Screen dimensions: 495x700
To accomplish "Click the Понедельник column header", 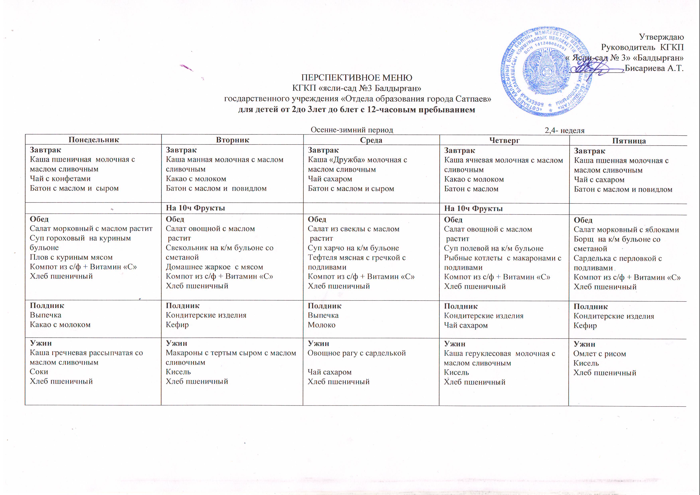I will [94, 140].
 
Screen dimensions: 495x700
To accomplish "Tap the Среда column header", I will [371, 140].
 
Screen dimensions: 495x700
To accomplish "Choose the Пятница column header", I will [629, 141].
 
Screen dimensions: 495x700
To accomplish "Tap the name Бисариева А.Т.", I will [654, 68].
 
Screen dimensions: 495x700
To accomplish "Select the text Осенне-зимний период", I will [352, 130].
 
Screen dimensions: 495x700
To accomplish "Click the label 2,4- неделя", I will [565, 131].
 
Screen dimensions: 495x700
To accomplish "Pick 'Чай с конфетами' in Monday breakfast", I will [60, 178].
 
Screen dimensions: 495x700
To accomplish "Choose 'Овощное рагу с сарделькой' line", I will [356, 353].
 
